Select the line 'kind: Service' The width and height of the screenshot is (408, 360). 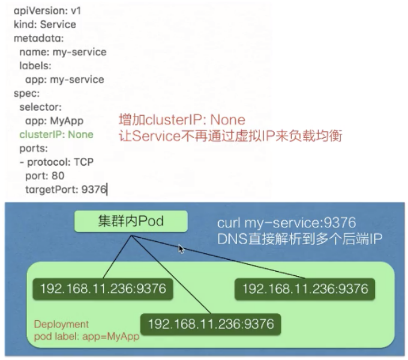pyautogui.click(x=44, y=25)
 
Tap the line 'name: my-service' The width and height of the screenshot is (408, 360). pyautogui.click(x=62, y=52)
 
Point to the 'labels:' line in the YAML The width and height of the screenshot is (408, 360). pyautogui.click(x=35, y=65)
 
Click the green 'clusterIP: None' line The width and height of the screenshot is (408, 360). pyautogui.click(x=56, y=134)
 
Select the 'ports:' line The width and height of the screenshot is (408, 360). pyautogui.click(x=33, y=148)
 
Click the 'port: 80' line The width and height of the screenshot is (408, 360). pyautogui.click(x=44, y=176)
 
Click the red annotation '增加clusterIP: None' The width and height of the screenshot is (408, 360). pyautogui.click(x=182, y=120)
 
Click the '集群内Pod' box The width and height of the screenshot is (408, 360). pyautogui.click(x=130, y=221)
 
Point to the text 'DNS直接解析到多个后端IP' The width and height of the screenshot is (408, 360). pyautogui.click(x=301, y=239)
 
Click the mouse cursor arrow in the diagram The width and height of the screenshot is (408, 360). pyautogui.click(x=181, y=248)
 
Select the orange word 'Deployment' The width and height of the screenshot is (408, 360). pyautogui.click(x=61, y=324)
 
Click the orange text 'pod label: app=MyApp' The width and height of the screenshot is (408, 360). pyautogui.click(x=86, y=336)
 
